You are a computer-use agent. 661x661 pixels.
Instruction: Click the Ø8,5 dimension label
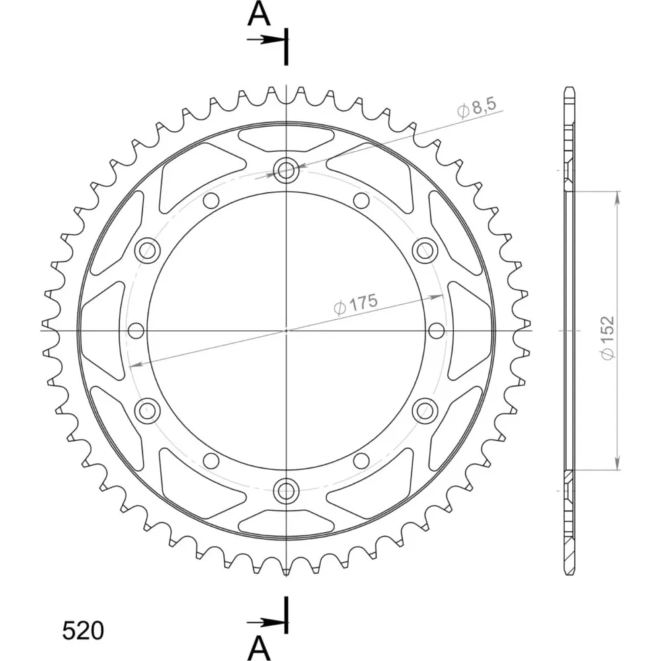[477, 108]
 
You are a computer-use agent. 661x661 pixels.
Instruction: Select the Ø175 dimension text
[356, 304]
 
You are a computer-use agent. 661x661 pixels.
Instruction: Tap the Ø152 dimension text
[607, 338]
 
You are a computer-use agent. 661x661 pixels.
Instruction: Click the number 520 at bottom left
[83, 631]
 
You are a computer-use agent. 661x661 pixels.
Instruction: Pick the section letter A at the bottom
[258, 648]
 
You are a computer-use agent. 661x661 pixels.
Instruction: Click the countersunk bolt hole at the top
[286, 171]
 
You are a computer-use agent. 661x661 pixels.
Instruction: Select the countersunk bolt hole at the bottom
[286, 490]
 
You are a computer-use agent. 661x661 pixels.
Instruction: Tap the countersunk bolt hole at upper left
[147, 251]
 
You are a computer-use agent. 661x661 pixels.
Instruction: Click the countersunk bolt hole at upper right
[424, 251]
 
